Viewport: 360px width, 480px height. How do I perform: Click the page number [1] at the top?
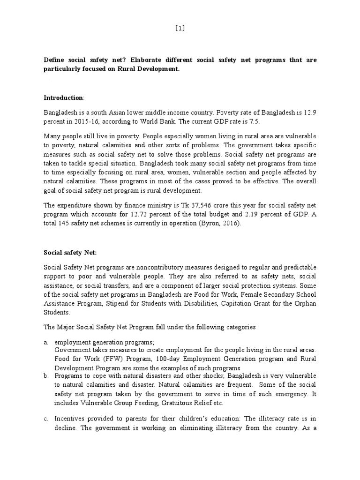[180, 28]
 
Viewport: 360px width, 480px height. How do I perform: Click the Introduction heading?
[63, 98]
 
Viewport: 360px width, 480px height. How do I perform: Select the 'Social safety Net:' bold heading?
[70, 253]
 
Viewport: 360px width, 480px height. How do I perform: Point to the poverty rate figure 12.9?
[311, 113]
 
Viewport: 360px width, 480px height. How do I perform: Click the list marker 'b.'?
[46, 376]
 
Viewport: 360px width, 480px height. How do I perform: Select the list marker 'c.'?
[46, 418]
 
